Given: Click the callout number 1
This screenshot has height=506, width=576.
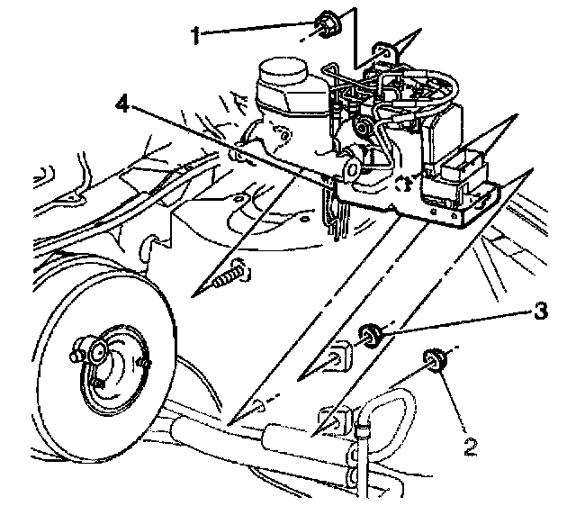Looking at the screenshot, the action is [195, 35].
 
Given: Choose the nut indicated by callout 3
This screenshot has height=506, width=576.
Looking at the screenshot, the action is [370, 337].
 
